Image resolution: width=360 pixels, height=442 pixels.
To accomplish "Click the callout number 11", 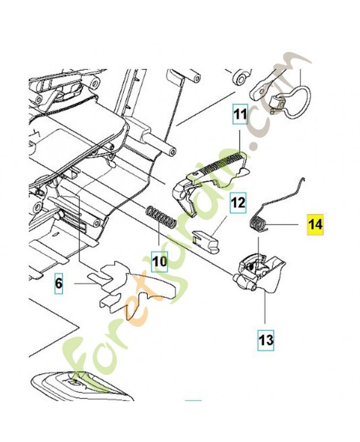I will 240,115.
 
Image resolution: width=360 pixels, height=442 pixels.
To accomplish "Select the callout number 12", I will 237,203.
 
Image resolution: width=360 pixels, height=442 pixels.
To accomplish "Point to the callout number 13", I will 266,339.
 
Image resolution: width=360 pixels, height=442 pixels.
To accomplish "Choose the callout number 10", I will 160,260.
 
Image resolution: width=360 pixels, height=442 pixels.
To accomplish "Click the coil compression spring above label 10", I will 160,217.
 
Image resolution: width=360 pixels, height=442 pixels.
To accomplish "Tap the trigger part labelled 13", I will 258,274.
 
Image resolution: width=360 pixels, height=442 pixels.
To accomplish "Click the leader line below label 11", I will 241,135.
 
